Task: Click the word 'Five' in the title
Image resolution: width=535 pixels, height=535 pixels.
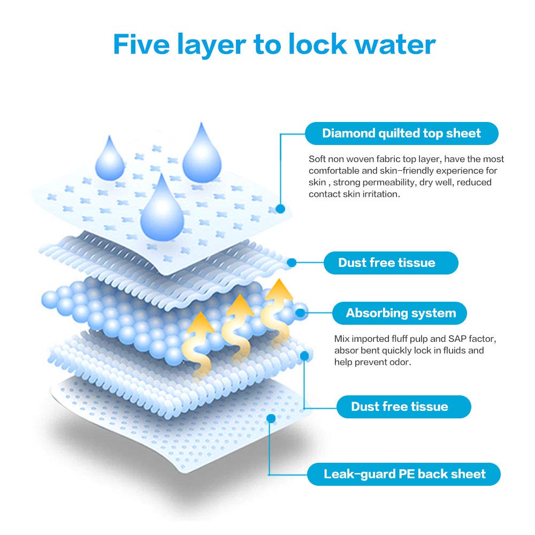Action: (141, 44)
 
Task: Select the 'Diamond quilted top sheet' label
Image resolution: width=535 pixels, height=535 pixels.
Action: (402, 133)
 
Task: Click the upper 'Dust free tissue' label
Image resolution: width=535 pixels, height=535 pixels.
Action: (391, 263)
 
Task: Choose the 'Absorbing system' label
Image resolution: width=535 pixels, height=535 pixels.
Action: (400, 313)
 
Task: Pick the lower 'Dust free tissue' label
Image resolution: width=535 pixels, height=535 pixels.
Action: (403, 407)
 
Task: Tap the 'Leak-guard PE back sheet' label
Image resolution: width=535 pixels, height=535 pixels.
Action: (403, 474)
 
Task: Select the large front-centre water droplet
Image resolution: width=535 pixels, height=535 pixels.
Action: (162, 208)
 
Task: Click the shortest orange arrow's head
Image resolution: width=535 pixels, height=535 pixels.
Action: (200, 322)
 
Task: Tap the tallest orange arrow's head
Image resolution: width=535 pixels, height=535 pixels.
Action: (279, 289)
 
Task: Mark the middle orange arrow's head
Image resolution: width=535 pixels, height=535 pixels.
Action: (240, 305)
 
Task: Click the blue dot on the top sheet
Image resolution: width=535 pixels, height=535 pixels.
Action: (280, 209)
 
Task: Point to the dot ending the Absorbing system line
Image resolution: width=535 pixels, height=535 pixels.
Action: (300, 313)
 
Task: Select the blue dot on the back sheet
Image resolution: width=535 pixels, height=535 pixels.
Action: (271, 418)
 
